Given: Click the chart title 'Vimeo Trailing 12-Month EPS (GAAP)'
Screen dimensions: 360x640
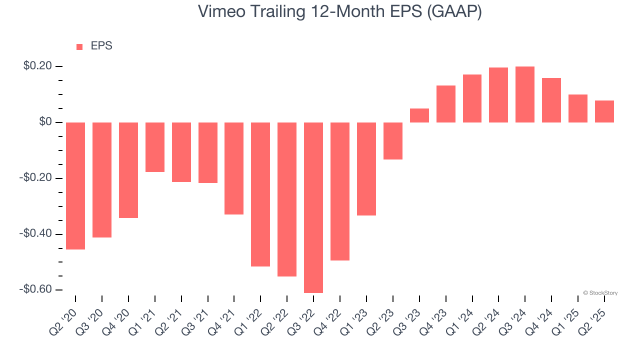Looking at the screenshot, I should pos(340,11).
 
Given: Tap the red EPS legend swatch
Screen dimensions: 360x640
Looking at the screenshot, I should pos(79,46).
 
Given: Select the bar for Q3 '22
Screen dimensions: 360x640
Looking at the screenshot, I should pos(313,207).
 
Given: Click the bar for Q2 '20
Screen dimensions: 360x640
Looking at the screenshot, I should pos(75,185).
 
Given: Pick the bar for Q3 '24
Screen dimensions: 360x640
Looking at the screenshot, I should pos(525,94).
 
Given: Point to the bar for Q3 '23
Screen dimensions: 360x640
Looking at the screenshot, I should pos(419,115).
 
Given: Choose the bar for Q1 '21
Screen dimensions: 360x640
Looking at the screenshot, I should pos(155,147).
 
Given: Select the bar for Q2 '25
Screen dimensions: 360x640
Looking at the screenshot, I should pos(604,111).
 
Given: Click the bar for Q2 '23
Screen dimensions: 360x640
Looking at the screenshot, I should pos(393,141).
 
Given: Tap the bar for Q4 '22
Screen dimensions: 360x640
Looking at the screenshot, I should pos(340,191).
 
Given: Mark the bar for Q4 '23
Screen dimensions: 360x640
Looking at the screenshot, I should pos(446,104).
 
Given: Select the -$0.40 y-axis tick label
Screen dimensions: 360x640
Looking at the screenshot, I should pos(35,233).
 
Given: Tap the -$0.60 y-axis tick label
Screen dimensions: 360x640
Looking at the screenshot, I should pos(35,289).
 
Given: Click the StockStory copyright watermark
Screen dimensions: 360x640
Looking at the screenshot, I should pos(600,293).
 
